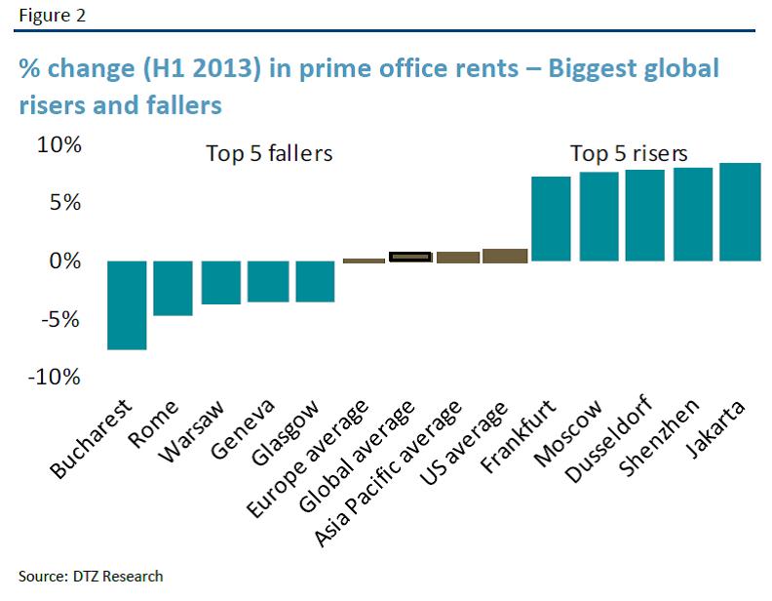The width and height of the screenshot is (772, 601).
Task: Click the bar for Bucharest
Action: tap(127, 304)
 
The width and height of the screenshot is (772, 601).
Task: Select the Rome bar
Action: tap(174, 288)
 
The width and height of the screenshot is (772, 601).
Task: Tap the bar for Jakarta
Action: tap(740, 212)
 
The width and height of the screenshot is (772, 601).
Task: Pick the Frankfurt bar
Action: tap(551, 219)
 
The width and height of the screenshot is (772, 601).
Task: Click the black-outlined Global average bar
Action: tap(410, 257)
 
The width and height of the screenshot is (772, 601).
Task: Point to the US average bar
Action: tap(505, 256)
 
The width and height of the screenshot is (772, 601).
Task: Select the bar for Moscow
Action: tap(598, 217)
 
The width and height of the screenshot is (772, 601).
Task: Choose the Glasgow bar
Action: tap(315, 281)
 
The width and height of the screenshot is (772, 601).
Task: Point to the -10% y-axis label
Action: tap(56, 378)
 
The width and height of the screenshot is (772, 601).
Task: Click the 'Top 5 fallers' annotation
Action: tap(269, 154)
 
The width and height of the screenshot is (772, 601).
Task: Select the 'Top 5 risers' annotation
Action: tap(629, 154)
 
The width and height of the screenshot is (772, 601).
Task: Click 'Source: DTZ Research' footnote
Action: tap(91, 576)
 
